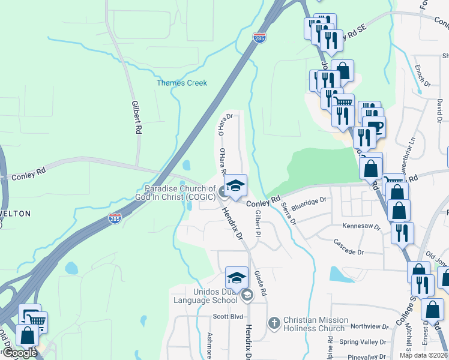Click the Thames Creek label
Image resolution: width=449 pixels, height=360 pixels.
click(x=182, y=83)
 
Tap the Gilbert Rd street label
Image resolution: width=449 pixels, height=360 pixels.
click(x=137, y=117)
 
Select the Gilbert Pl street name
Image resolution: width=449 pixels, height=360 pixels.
click(x=258, y=223)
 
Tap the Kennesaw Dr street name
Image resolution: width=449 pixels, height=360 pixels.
click(x=361, y=227)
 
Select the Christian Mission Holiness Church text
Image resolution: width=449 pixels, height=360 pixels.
click(x=314, y=325)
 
